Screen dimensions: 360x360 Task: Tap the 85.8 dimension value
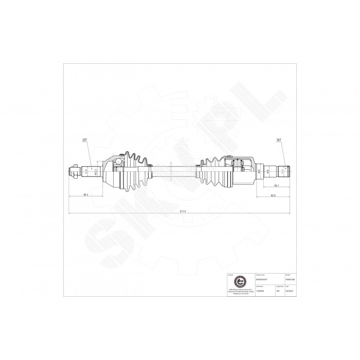273,195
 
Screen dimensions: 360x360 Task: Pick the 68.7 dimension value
276,185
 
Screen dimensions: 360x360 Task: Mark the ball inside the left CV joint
117,164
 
